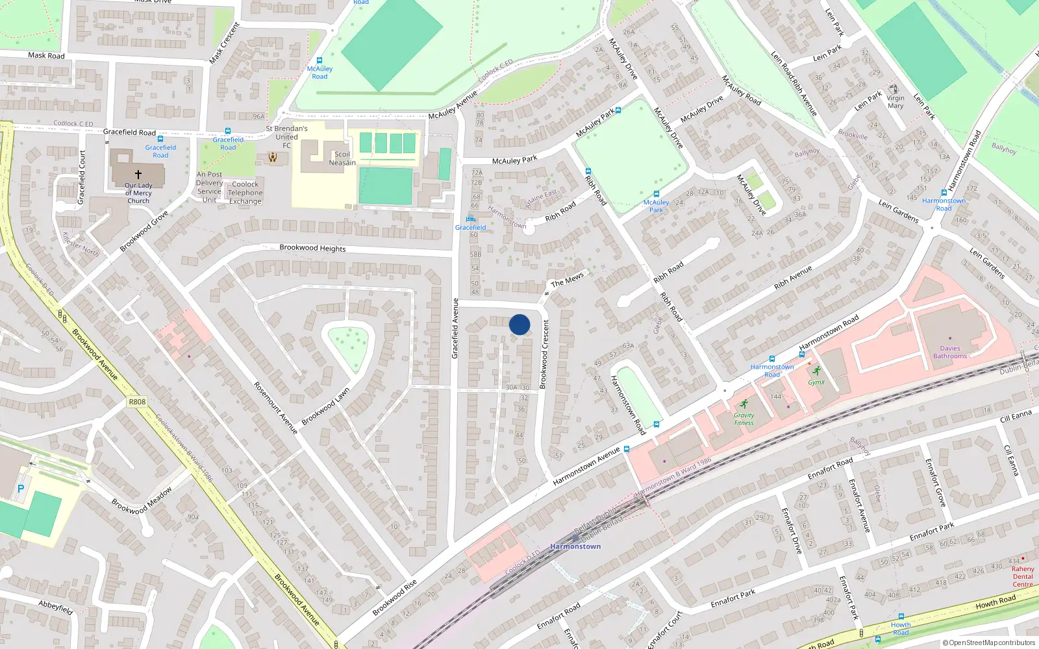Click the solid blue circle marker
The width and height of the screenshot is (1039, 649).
click(519, 324)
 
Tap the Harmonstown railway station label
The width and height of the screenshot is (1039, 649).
click(575, 546)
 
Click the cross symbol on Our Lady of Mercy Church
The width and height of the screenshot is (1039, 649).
click(138, 174)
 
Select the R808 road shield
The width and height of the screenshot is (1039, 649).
click(137, 402)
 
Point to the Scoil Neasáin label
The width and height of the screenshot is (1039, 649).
click(342, 158)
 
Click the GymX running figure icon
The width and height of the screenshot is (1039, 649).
click(816, 371)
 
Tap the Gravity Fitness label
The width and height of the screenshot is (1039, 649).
click(744, 419)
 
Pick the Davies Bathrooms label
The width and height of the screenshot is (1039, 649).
click(949, 352)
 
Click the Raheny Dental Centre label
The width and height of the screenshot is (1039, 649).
click(1022, 576)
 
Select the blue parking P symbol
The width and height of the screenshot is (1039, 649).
click(21, 489)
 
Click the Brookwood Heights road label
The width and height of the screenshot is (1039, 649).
click(312, 248)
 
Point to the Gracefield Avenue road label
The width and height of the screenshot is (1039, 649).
click(455, 328)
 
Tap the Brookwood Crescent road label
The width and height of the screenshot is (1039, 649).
click(544, 354)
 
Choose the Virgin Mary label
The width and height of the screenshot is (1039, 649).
click(895, 102)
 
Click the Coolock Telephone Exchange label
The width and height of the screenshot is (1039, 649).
click(245, 193)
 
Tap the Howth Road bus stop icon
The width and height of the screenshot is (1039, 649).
click(900, 617)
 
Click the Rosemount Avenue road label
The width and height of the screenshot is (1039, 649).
click(275, 408)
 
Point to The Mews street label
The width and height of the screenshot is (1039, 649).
click(568, 279)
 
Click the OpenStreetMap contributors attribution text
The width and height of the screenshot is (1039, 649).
click(988, 643)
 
